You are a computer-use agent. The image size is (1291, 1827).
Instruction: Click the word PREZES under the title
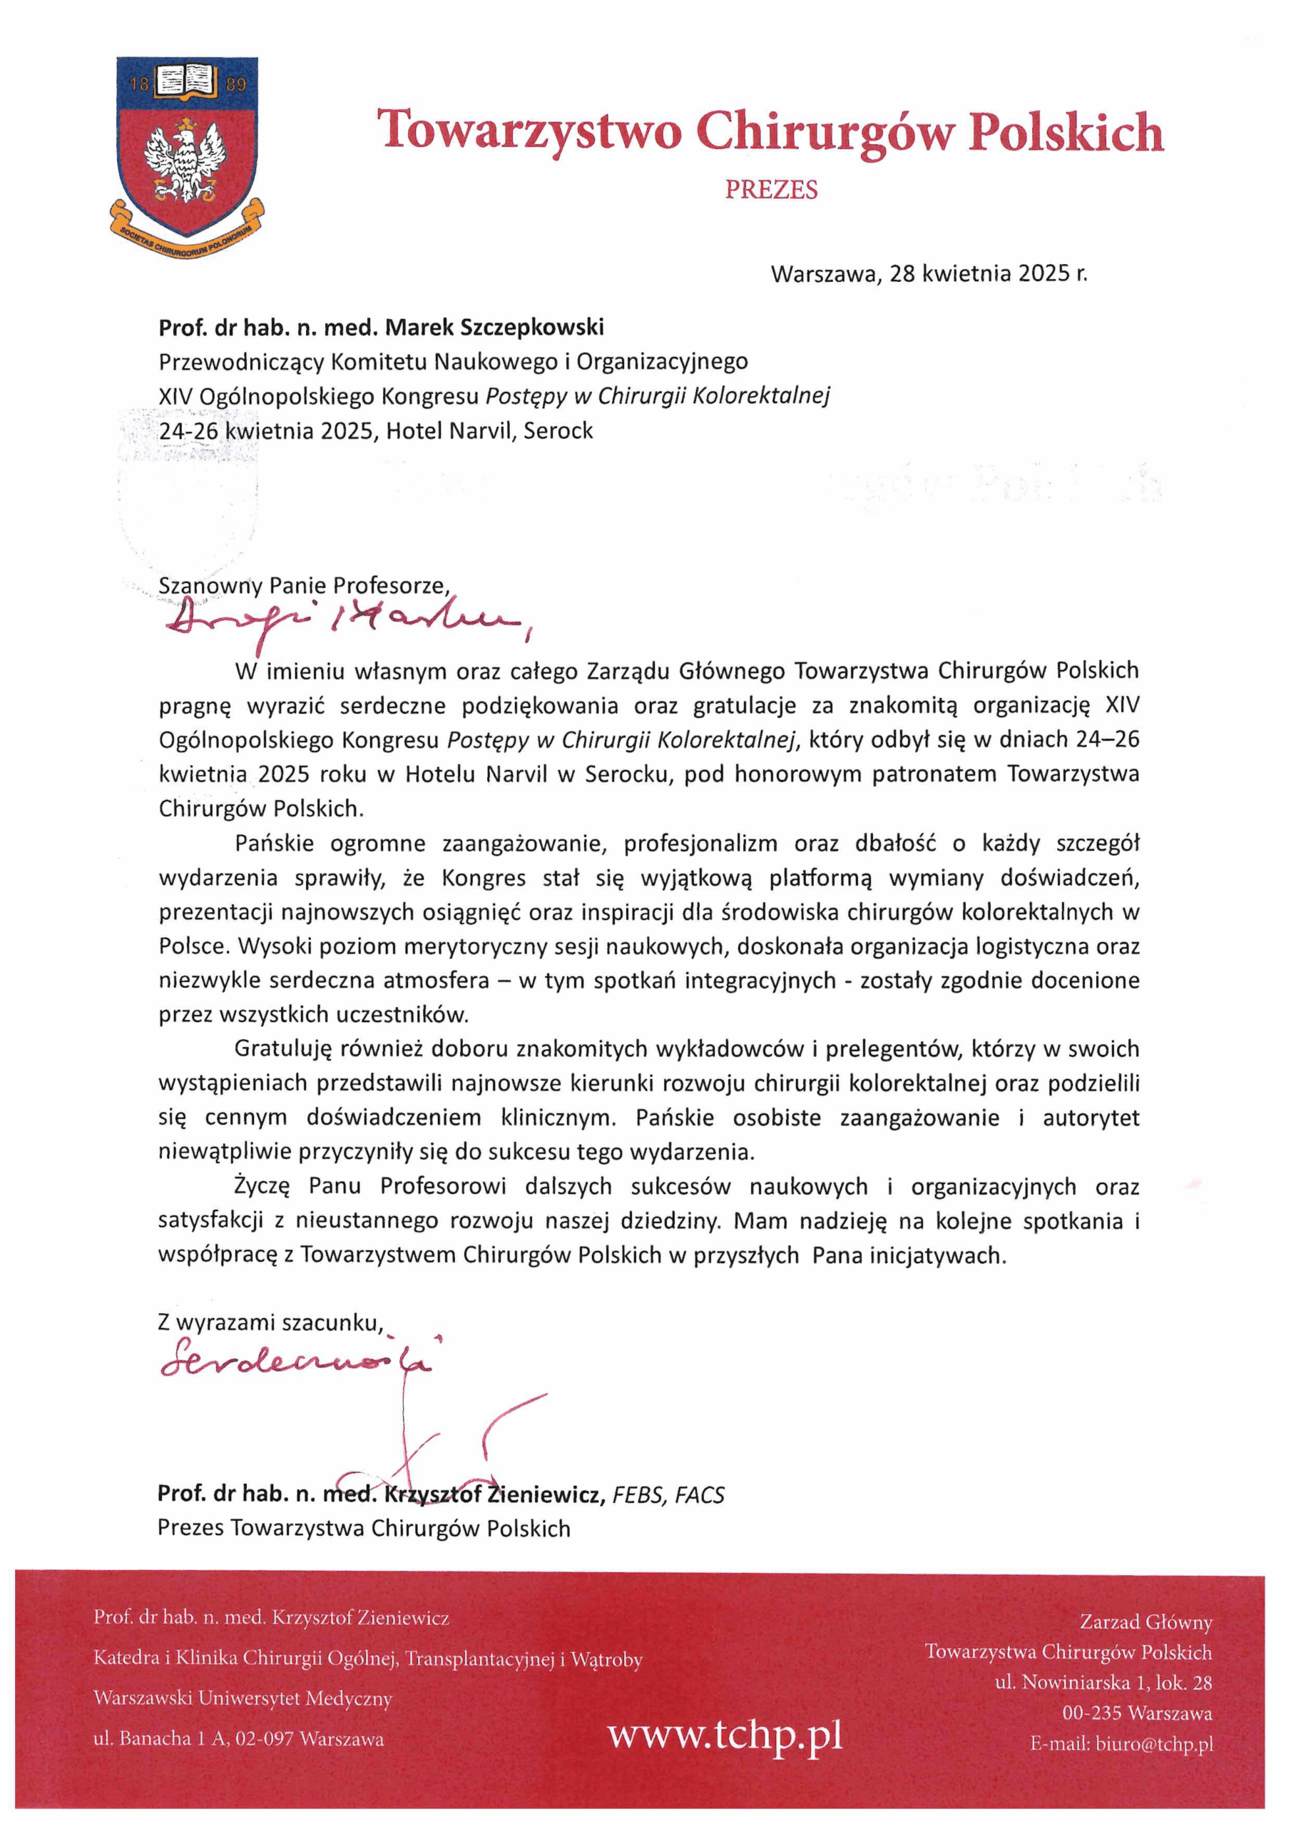tap(771, 190)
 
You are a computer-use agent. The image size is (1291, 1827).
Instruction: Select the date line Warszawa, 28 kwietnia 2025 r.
tap(928, 274)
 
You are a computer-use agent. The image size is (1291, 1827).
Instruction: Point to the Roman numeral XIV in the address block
tap(170, 396)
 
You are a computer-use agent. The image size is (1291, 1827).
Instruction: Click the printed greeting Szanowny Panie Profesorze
tap(303, 586)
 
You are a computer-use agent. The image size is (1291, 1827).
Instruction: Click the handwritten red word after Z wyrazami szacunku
tap(298, 1362)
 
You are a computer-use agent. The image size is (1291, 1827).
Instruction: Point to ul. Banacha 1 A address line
tap(239, 1739)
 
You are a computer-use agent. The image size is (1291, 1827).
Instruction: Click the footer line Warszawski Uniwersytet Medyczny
tap(243, 1698)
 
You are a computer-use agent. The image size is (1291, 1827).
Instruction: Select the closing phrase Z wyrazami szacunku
tap(270, 1322)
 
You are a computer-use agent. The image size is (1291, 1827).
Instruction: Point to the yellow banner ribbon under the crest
tap(187, 231)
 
